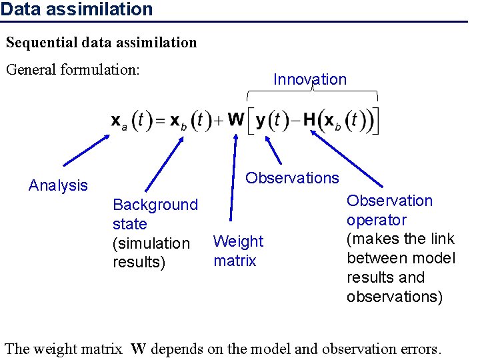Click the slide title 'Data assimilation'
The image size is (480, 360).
(x=77, y=9)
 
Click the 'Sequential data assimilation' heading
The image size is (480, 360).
(x=101, y=43)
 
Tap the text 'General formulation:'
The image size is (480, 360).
(x=73, y=69)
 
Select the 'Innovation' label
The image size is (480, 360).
(x=310, y=79)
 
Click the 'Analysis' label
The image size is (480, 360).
(x=58, y=185)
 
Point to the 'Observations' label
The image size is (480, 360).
(x=292, y=178)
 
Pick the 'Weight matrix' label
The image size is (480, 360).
(x=238, y=251)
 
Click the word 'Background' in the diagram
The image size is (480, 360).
(x=155, y=205)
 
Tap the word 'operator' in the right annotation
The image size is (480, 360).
(x=377, y=220)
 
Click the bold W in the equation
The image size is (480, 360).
(x=236, y=120)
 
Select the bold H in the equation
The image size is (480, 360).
(x=309, y=120)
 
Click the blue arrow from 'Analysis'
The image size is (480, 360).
(x=87, y=150)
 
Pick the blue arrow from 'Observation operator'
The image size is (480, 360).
(x=347, y=159)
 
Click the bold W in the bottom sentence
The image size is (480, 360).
(x=138, y=349)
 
